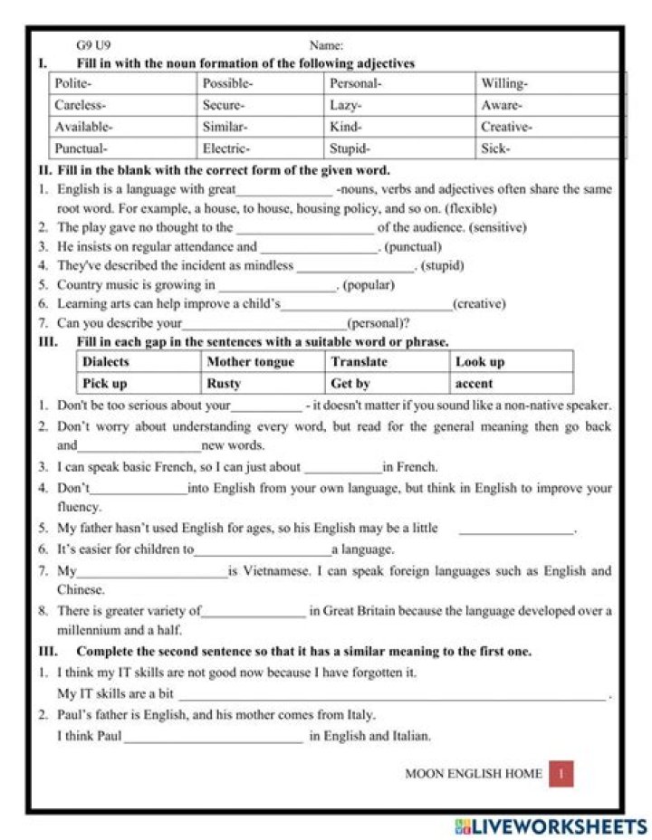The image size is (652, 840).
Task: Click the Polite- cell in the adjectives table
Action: [x=121, y=83]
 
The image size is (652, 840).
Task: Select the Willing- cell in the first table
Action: [x=548, y=83]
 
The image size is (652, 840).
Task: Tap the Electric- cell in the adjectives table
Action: [x=260, y=148]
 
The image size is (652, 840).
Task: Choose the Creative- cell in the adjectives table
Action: [x=548, y=127]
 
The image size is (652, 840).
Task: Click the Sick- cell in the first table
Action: [x=548, y=148]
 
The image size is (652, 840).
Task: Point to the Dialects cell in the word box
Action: [x=139, y=361]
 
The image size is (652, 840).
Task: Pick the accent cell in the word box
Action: [x=511, y=384]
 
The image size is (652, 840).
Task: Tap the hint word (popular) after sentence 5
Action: [x=369, y=284]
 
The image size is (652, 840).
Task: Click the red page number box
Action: [x=561, y=773]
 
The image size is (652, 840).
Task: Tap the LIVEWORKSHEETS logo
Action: [x=551, y=826]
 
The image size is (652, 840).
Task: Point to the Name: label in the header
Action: [x=326, y=44]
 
